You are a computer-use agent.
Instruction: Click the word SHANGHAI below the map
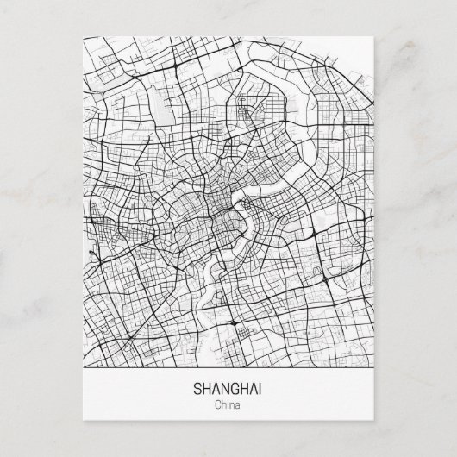tap(228, 388)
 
